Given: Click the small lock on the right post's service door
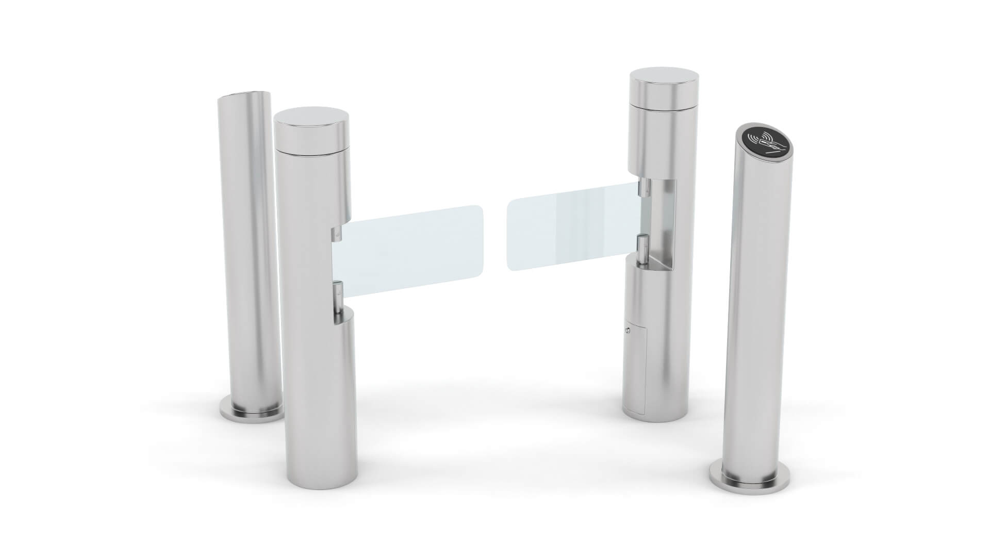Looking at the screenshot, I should (x=628, y=331).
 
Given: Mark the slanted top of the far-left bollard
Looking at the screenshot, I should (x=243, y=96).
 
